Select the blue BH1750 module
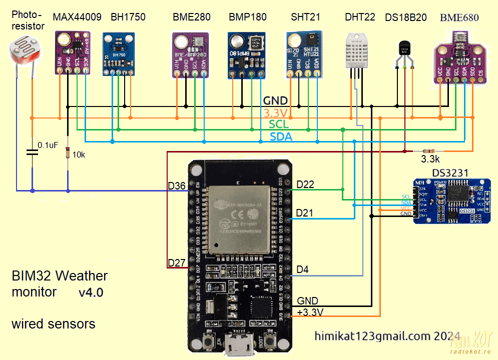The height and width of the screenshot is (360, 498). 119,54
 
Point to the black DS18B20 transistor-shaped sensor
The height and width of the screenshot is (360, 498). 404,49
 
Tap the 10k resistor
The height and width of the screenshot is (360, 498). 68,153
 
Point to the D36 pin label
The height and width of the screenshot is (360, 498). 177,186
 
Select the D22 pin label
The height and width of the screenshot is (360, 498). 305,184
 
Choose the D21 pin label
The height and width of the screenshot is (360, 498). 305,213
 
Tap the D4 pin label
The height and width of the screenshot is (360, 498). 303,270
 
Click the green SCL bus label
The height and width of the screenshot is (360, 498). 278,124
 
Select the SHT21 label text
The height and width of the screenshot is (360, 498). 305,17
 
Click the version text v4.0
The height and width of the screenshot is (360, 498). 91,292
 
